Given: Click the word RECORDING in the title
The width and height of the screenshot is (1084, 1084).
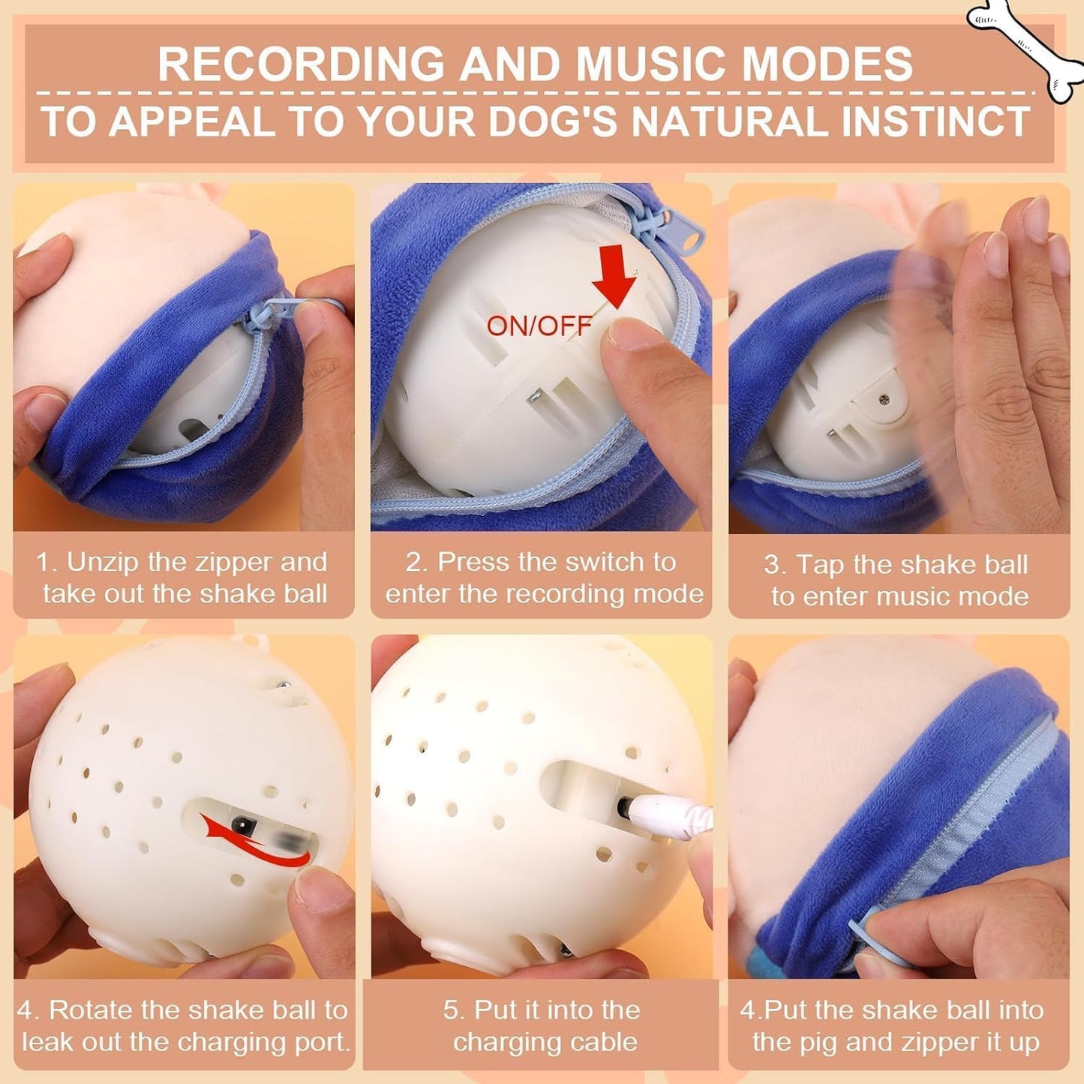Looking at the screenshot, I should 301,65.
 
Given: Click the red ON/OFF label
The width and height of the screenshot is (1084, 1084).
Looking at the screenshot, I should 539,326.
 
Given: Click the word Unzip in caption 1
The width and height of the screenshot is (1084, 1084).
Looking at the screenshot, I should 104,562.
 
